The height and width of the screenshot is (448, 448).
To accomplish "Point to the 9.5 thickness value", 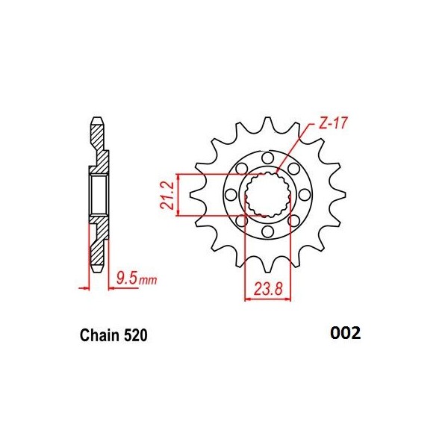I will [x=128, y=280].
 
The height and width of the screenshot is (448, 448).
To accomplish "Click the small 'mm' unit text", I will [x=149, y=281].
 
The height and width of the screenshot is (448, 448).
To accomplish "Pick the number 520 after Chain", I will [x=134, y=336].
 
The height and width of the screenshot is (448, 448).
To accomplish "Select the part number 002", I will [x=344, y=334].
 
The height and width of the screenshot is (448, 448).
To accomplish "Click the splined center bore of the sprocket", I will [x=268, y=196].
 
